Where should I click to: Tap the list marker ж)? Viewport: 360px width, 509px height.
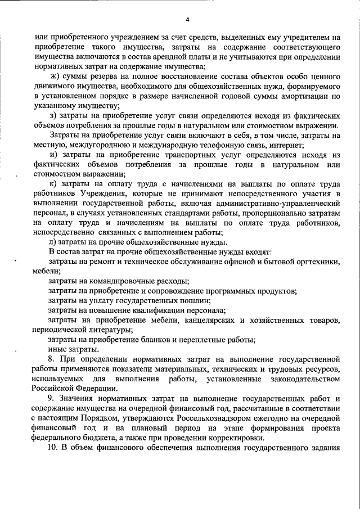point(55,77)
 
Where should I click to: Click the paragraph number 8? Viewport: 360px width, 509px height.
point(52,358)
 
